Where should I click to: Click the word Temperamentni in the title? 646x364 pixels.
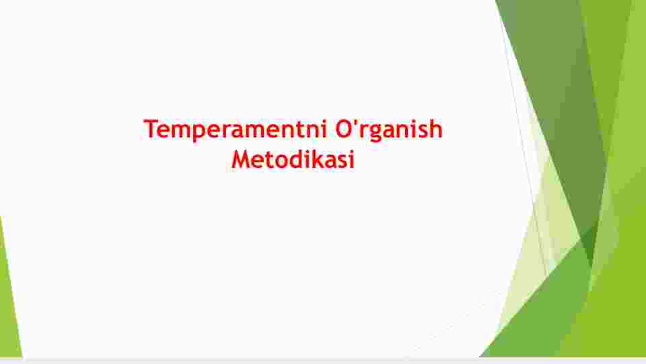[x=235, y=129]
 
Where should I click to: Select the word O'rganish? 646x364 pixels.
[x=388, y=129]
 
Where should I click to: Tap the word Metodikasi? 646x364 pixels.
[x=293, y=159]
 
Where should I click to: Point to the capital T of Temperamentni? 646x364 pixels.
[x=151, y=129]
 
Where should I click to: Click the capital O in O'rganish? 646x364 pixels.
[x=344, y=129]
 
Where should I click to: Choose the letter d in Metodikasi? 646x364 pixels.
[x=294, y=159]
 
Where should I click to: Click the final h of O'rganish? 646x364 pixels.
[x=436, y=128]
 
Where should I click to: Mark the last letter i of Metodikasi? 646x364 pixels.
[x=351, y=159]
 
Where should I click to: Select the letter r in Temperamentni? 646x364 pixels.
[x=230, y=131]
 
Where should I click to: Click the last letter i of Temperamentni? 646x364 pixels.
[x=324, y=129]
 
